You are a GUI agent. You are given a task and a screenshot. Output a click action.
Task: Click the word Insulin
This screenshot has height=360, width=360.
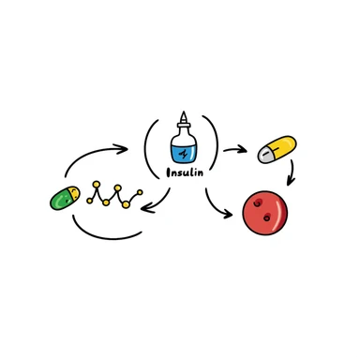183,172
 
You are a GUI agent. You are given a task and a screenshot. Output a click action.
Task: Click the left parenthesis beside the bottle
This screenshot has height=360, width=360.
148,148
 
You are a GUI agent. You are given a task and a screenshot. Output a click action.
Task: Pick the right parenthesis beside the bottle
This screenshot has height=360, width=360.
217,148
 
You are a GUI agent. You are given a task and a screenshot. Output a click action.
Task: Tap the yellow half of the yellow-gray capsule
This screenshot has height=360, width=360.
282,144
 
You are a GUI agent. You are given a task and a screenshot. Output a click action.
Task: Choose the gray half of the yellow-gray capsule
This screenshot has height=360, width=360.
265,155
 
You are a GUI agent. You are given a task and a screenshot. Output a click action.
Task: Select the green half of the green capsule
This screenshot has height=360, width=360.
63,200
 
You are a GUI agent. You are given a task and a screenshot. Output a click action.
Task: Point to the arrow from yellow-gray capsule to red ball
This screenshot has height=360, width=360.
293,171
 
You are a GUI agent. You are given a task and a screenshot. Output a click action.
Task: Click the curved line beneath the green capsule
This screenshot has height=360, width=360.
103,232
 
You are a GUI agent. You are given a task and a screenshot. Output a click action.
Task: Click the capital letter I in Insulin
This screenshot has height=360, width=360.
167,172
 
